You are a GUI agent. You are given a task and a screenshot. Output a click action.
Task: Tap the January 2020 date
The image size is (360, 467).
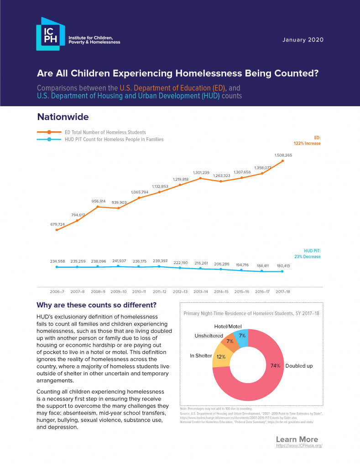pyautogui.click(x=303, y=40)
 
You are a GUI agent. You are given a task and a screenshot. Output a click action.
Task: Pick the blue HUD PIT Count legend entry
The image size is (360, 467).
pyautogui.click(x=100, y=139)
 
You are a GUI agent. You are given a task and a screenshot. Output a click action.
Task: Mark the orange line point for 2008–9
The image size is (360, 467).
pyautogui.click(x=98, y=207)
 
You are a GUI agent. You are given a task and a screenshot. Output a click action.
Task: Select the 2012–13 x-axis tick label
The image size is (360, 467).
pyautogui.click(x=180, y=291)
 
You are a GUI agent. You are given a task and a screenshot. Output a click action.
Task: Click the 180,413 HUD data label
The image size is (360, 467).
pyautogui.click(x=282, y=265)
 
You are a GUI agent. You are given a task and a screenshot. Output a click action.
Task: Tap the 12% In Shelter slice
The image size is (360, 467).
pyautogui.click(x=221, y=357)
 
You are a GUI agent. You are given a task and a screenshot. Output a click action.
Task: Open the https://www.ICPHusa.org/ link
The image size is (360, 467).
pyautogui.click(x=299, y=445)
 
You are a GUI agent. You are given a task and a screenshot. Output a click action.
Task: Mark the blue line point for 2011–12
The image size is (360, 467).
pyautogui.click(x=159, y=266)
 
